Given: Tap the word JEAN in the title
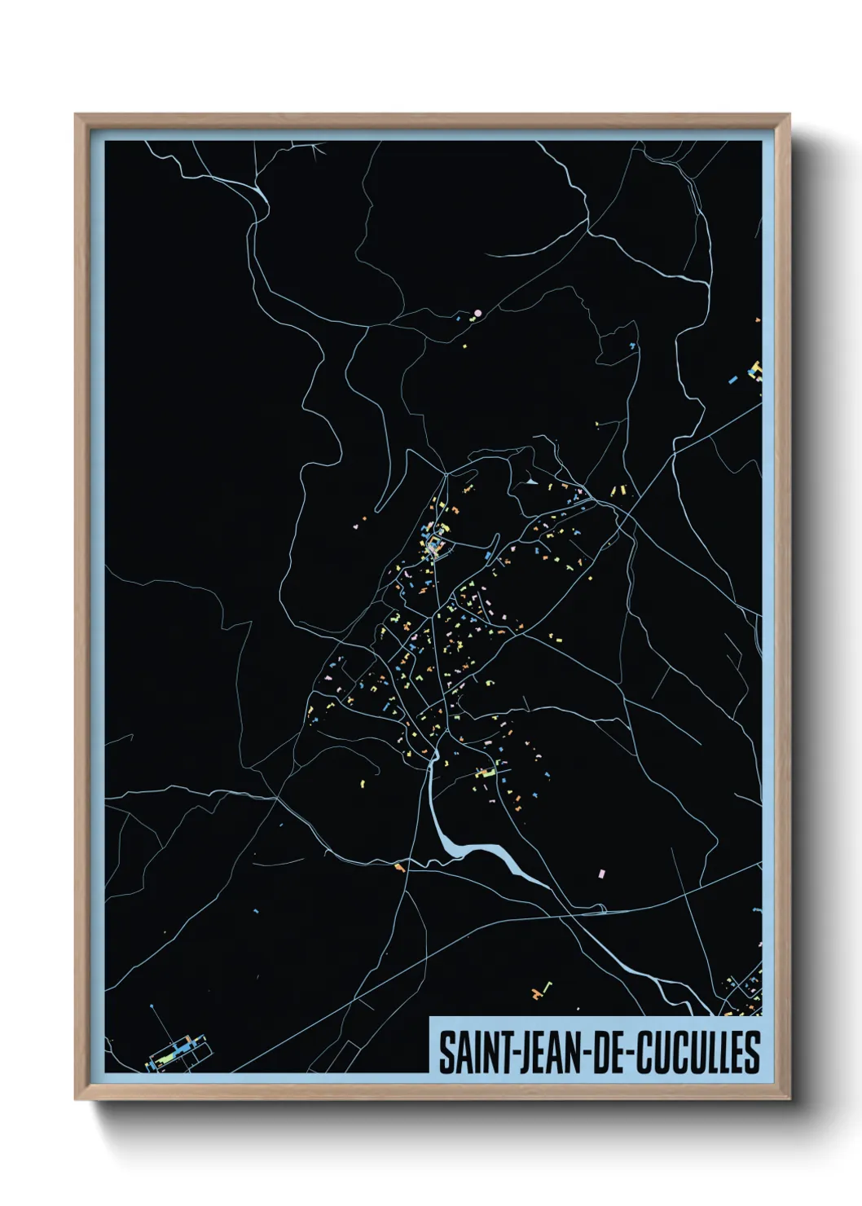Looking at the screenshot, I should point(543,1052).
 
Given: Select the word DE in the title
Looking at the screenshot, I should point(605,1052).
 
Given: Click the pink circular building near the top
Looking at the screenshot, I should point(478,312).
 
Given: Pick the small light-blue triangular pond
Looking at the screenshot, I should point(532,482).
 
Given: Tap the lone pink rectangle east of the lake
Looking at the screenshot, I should point(602,874).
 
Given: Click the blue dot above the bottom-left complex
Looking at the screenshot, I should point(152,1008).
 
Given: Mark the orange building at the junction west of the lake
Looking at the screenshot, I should point(399,866).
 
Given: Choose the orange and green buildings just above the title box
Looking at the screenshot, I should point(541,992).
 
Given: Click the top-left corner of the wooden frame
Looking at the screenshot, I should point(77,116).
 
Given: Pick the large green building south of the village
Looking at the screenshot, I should point(486,772).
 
